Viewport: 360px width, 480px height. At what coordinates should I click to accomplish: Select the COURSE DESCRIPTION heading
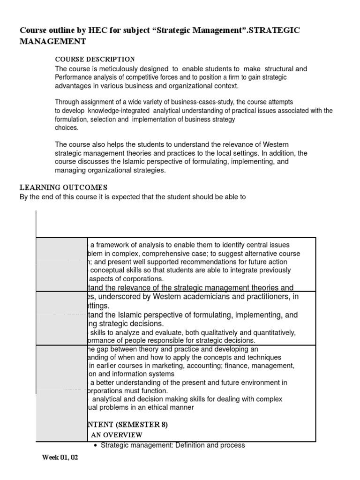click(x=95, y=59)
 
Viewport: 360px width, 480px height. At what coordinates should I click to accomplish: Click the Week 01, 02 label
click(x=60, y=457)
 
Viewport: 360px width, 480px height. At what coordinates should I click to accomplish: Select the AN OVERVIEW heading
click(x=116, y=435)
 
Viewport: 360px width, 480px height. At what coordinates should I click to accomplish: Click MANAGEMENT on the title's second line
click(x=53, y=42)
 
